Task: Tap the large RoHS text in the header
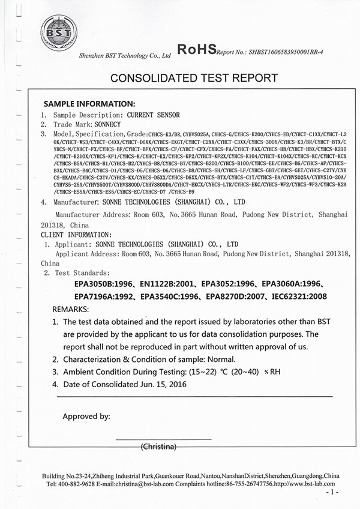point(197,50)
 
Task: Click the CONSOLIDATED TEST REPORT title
point(194,77)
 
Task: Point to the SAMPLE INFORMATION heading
point(89,104)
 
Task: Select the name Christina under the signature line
point(157,447)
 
